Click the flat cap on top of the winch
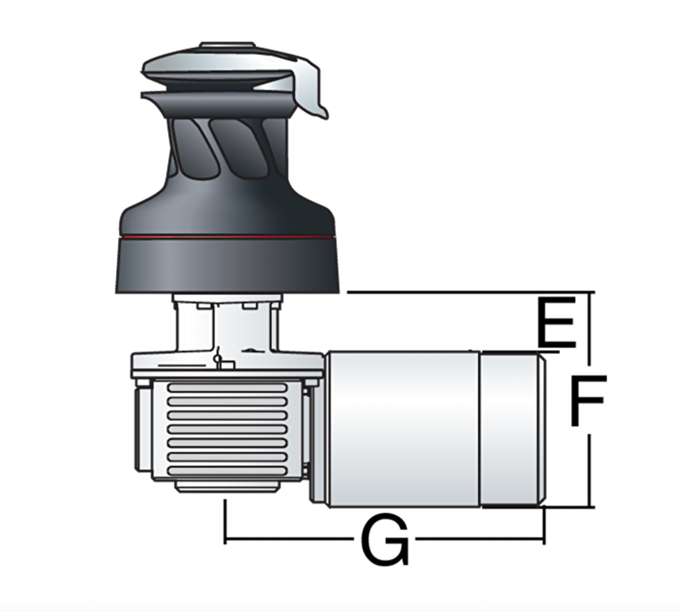[227, 45]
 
